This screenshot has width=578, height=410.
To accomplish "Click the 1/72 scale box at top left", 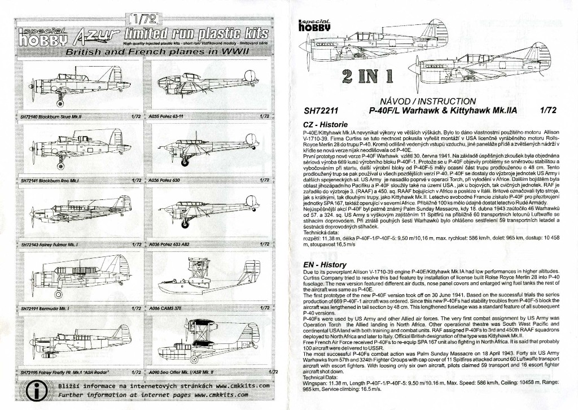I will click(140, 18).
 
